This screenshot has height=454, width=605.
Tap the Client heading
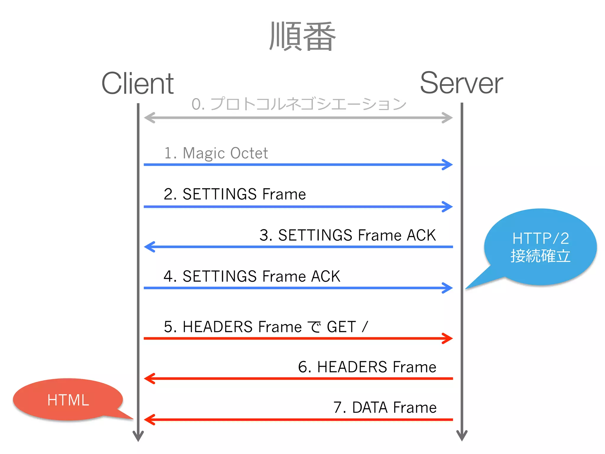tap(138, 84)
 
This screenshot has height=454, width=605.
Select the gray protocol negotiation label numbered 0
tap(298, 104)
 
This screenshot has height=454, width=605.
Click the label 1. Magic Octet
tap(216, 153)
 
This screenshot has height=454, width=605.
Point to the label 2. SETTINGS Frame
tap(235, 194)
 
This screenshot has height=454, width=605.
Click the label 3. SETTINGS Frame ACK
tap(347, 235)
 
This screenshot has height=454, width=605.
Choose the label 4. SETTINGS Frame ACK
tap(252, 276)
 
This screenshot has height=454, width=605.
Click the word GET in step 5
tap(341, 327)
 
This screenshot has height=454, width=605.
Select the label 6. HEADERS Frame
tap(367, 367)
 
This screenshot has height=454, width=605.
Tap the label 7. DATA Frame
tap(385, 408)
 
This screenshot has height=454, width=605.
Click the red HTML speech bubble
tap(68, 400)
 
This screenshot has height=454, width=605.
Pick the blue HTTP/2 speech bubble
tap(540, 247)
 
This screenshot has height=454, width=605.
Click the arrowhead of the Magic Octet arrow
tap(448, 165)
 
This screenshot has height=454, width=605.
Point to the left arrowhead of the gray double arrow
tap(149, 118)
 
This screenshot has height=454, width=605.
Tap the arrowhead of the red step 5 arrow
tap(448, 338)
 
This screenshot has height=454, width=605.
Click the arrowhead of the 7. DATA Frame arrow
tap(149, 419)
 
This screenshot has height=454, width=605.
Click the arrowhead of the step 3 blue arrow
tap(149, 247)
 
